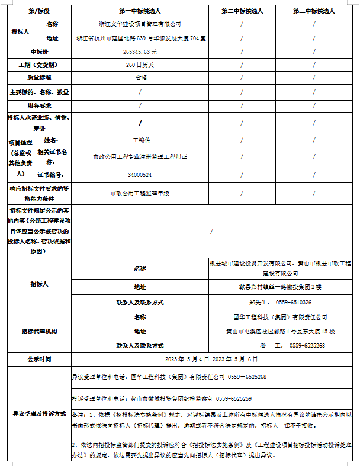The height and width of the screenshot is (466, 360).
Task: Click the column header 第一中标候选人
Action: [x=140, y=11]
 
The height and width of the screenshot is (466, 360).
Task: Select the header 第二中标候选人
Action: [x=242, y=11]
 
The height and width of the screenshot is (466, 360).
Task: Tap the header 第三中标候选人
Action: [x=314, y=11]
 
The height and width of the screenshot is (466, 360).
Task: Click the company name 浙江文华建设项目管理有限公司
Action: [x=140, y=24]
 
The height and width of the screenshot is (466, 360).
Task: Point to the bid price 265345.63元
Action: [x=140, y=52]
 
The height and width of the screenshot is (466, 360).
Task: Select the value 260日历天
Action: [x=140, y=65]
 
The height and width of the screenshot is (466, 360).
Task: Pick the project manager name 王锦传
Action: [x=140, y=140]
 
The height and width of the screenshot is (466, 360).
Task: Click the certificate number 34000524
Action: [x=140, y=175]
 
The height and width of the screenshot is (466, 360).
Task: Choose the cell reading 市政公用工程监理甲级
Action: [x=140, y=194]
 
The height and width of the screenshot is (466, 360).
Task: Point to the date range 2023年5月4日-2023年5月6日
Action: [x=214, y=359]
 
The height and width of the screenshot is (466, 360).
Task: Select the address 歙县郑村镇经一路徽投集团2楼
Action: [x=280, y=287]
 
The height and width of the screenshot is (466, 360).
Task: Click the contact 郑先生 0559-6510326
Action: [x=280, y=302]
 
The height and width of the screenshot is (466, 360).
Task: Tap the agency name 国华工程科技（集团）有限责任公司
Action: [x=280, y=317]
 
